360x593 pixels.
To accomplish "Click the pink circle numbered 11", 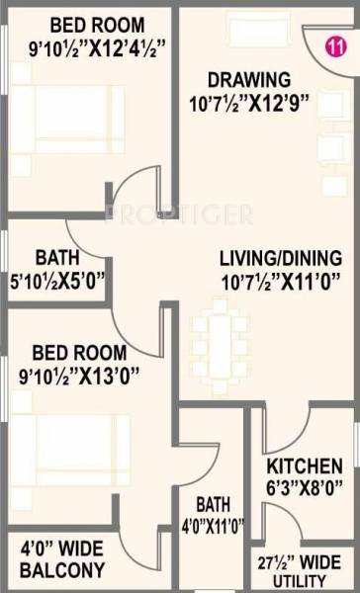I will pyautogui.click(x=336, y=45).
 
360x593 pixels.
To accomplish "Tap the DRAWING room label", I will pyautogui.click(x=247, y=79).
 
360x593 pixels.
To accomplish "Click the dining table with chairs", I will pyautogui.click(x=217, y=333).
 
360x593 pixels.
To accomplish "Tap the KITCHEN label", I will pyautogui.click(x=305, y=466).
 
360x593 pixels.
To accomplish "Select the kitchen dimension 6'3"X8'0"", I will pyautogui.click(x=305, y=486).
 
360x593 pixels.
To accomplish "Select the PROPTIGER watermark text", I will pyautogui.click(x=179, y=213).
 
